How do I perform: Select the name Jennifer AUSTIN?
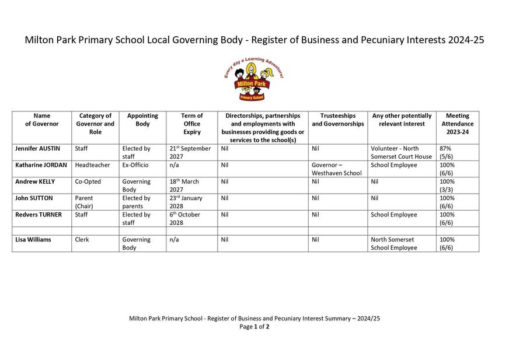click(37, 149)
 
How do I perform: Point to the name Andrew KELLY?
click(35, 181)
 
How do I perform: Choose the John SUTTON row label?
click(34, 198)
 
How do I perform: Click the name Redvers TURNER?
click(38, 214)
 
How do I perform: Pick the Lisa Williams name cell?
click(33, 239)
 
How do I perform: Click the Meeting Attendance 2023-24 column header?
click(457, 124)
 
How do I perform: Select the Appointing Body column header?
click(142, 120)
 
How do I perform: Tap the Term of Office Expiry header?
click(191, 124)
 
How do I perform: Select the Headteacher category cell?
click(92, 165)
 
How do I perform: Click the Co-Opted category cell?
click(88, 181)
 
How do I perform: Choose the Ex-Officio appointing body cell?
click(135, 165)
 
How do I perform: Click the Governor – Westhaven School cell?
click(336, 169)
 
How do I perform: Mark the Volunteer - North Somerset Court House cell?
click(401, 152)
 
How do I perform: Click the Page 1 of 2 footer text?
click(254, 327)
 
